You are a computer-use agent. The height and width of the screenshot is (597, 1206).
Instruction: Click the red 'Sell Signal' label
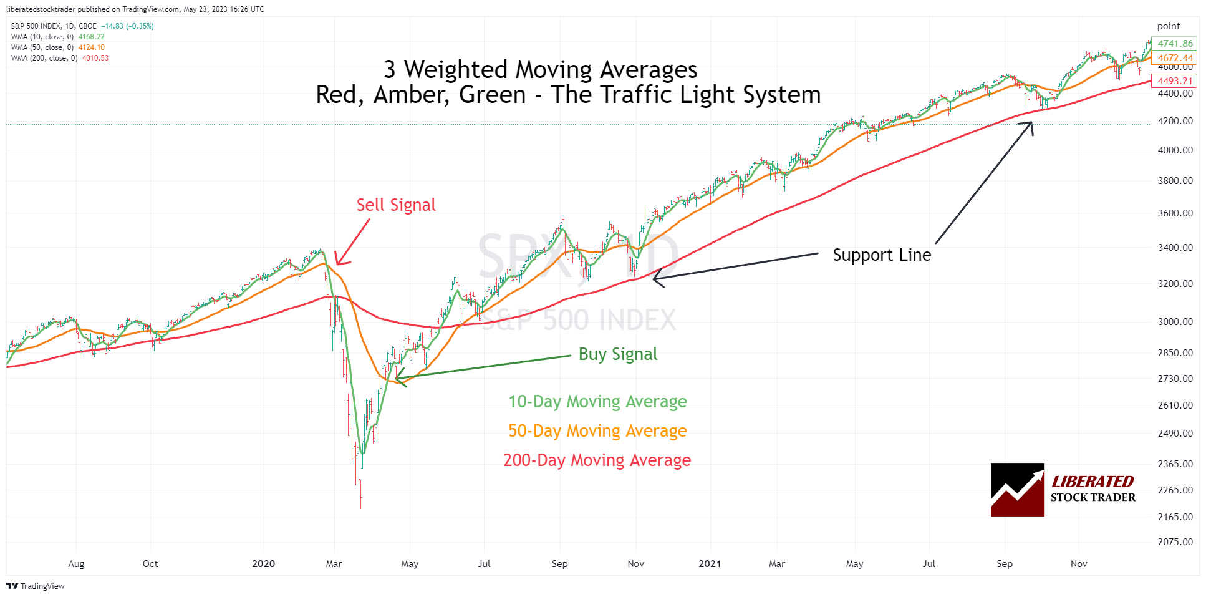click(x=395, y=205)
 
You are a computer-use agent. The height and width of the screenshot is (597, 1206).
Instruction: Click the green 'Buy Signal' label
click(x=617, y=354)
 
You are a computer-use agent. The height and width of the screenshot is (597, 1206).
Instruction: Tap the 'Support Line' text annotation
click(x=881, y=255)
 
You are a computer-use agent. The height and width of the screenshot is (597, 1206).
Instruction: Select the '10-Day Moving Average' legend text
click(x=597, y=402)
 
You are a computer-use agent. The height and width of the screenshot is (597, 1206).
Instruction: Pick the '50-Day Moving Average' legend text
click(x=597, y=431)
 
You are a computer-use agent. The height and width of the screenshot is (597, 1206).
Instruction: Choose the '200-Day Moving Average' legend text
click(x=597, y=460)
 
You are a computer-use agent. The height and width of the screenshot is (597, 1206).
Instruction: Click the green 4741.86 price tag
click(x=1174, y=44)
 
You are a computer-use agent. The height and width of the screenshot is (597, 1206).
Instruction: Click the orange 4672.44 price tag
click(x=1174, y=58)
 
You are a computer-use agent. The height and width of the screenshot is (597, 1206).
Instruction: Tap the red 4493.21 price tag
click(x=1174, y=81)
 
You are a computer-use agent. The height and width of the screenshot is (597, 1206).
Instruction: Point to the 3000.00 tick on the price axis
click(x=1175, y=322)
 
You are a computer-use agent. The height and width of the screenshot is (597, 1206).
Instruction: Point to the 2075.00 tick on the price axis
click(x=1175, y=542)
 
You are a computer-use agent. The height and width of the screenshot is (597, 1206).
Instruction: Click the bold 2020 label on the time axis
click(x=263, y=564)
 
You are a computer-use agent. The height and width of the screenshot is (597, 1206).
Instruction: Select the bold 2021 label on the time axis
click(x=710, y=564)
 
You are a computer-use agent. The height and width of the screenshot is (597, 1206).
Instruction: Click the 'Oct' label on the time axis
click(x=150, y=564)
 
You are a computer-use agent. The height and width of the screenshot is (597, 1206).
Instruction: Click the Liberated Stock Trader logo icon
click(x=1017, y=490)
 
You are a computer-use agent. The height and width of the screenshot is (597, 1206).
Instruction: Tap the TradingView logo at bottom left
click(x=36, y=586)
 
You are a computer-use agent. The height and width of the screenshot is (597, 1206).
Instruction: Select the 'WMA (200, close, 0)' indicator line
click(x=44, y=58)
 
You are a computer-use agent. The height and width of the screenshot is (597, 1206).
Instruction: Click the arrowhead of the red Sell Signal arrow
click(x=337, y=264)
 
